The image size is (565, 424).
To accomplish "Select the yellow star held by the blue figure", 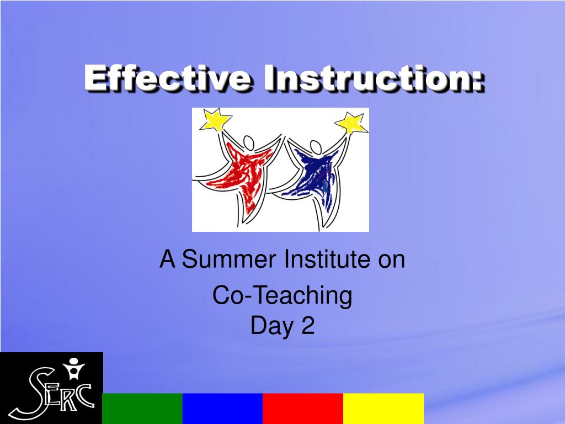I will coord(351,123).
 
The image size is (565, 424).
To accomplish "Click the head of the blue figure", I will coord(316,148).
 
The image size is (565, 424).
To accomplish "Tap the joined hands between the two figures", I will coord(282,138).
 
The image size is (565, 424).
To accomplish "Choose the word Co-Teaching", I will coord(282,296).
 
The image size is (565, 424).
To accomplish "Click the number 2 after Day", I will coord(308,326).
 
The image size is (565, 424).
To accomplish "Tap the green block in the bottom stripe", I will coord(142,408).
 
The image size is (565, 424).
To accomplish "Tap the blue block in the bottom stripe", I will coord(222,408).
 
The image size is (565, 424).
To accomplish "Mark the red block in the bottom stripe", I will coord(303,408).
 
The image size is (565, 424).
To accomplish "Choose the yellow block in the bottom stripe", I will coord(383,408).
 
